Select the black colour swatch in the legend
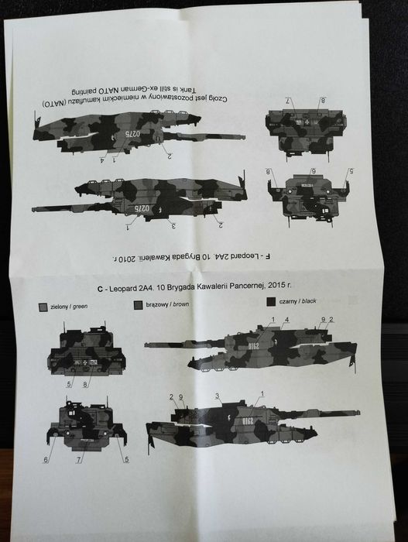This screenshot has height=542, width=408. coord(270,302)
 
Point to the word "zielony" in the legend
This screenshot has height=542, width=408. coord(53,307)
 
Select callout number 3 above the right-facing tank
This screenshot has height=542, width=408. coord(218,396)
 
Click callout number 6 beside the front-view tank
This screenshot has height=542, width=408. coord(45,460)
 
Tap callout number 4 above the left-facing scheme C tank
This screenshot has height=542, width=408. coord(286,320)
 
